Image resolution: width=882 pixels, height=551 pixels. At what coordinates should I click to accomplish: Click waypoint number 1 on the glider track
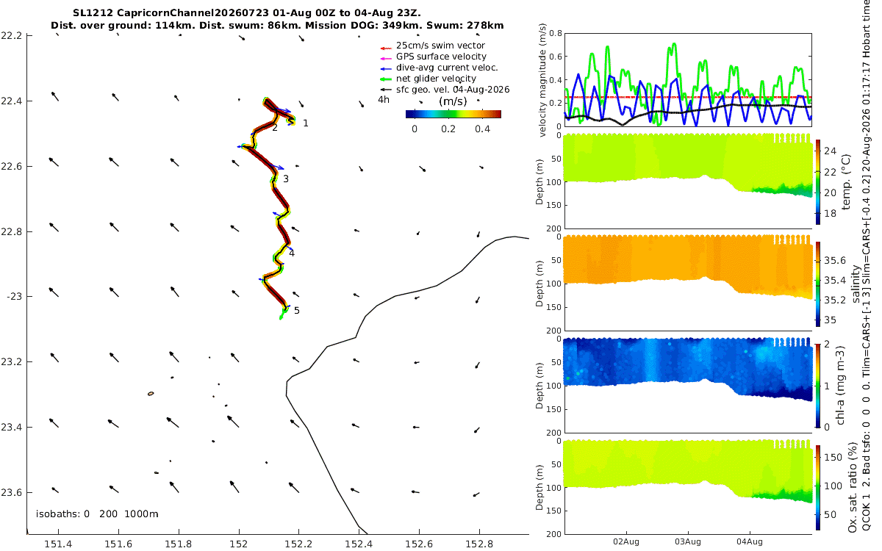pos(306,123)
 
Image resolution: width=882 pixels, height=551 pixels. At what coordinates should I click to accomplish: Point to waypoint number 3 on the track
pos(286,179)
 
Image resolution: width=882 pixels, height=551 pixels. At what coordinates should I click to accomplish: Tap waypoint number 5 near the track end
pos(296,311)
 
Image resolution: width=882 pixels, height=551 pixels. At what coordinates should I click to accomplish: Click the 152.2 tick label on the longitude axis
pos(298,544)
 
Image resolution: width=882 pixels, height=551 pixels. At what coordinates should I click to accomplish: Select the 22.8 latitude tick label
pos(11,231)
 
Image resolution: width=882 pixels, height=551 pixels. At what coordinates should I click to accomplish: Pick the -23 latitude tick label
pos(14,296)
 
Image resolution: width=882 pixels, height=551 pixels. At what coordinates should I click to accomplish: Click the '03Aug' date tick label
pos(687,542)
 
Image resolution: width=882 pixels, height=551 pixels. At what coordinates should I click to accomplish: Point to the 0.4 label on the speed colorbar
pos(482,129)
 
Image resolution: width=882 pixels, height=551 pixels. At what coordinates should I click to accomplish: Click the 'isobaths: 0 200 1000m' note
pos(97,514)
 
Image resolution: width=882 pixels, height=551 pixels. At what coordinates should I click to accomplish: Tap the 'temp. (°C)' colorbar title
pos(846,182)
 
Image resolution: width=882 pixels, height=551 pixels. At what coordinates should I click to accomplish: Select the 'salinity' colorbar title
pos(856,284)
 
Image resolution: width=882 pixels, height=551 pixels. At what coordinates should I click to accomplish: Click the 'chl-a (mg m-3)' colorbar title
pos(840,386)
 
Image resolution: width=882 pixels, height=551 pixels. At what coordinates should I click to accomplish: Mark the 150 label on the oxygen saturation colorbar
pos(833,457)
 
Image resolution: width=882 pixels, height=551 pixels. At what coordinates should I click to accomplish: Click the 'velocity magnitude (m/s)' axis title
pos(542,80)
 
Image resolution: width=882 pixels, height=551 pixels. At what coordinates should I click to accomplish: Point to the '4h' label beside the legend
pos(384,100)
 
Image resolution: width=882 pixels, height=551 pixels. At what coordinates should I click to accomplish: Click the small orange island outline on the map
pos(151,394)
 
